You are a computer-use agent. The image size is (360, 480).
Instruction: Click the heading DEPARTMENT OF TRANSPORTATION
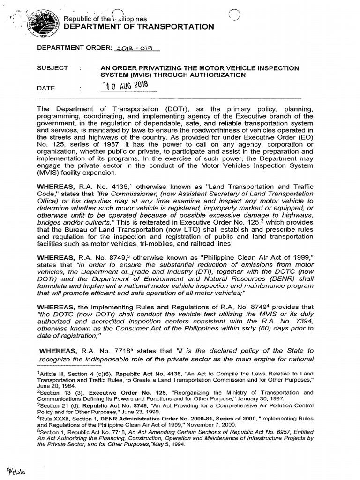click(x=139, y=27)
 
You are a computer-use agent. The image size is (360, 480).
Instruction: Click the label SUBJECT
click(x=52, y=68)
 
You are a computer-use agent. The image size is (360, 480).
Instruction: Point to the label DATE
click(x=46, y=88)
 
